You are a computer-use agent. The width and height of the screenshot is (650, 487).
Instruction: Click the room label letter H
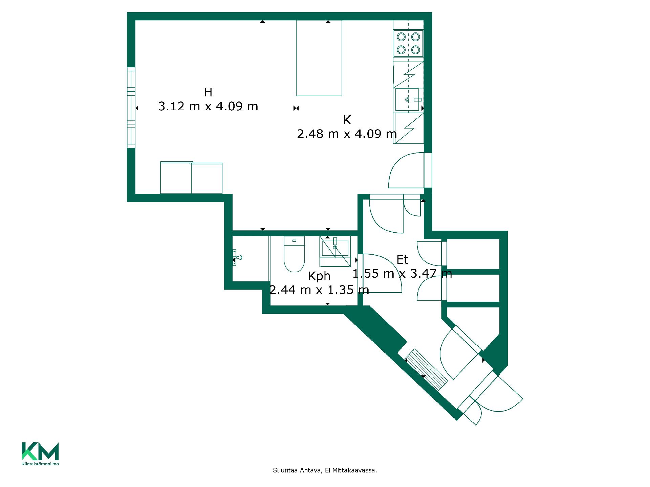click(x=208, y=92)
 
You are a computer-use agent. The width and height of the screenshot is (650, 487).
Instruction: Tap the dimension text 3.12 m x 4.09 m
click(x=208, y=107)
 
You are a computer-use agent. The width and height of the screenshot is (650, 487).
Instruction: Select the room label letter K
click(x=347, y=120)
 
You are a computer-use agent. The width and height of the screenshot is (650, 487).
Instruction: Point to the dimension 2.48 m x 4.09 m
click(x=347, y=134)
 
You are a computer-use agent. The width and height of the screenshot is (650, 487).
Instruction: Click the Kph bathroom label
click(x=319, y=276)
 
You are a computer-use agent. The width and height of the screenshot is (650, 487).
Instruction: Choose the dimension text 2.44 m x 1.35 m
click(x=319, y=290)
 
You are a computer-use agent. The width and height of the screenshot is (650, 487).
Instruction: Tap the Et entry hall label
click(x=402, y=260)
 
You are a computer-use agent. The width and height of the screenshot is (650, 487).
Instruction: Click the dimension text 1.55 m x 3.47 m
click(x=402, y=273)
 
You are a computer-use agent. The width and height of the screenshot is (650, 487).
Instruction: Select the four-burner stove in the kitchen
click(x=408, y=43)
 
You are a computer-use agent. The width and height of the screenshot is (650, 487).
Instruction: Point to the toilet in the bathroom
click(x=294, y=254)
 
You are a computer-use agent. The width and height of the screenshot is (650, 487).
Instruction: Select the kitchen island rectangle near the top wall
click(x=319, y=58)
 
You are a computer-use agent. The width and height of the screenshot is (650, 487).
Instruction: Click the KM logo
click(x=40, y=451)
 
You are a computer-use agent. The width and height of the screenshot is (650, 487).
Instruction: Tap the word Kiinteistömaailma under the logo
click(x=40, y=464)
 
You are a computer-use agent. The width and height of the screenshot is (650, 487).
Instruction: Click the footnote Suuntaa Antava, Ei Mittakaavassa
click(x=325, y=470)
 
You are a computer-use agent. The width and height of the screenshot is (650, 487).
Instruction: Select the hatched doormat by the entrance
click(x=427, y=370)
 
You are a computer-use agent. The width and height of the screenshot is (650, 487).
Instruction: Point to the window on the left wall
click(x=131, y=108)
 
